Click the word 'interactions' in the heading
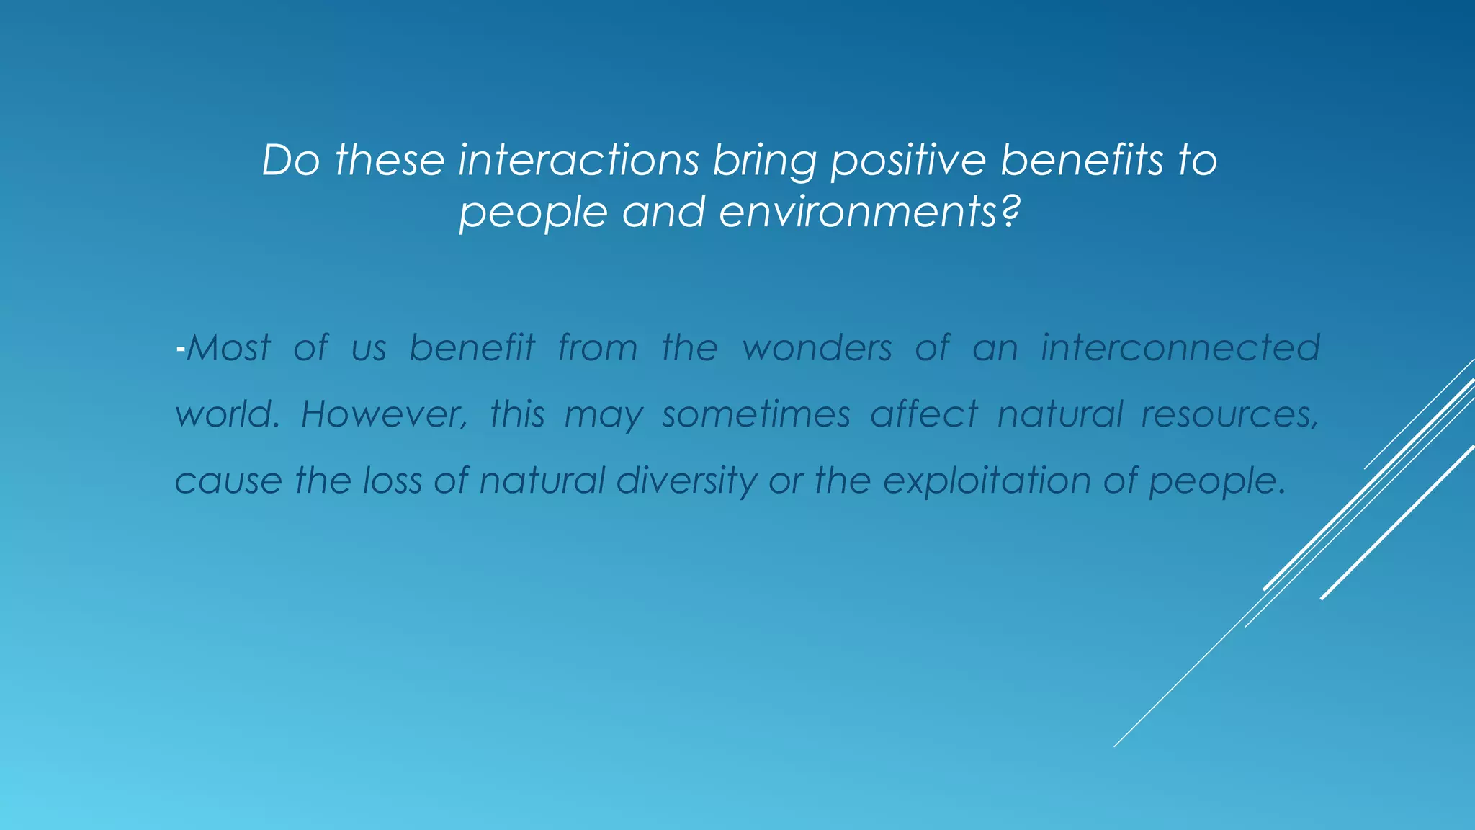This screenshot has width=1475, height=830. [578, 160]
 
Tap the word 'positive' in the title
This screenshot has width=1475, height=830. [908, 161]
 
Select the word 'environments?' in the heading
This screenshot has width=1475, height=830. [870, 213]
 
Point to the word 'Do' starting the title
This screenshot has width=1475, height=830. [290, 160]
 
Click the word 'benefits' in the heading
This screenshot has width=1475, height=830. [1082, 160]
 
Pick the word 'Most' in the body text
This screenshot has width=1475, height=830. [228, 348]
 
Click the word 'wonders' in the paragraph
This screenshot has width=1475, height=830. [817, 348]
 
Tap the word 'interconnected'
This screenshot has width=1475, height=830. [1180, 348]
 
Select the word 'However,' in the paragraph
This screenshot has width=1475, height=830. [384, 415]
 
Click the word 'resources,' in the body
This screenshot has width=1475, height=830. [1230, 415]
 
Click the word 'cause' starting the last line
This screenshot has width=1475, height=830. [228, 481]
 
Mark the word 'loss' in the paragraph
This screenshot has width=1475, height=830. [392, 481]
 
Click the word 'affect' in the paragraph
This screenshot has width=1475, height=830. [924, 415]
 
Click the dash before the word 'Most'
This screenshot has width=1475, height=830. [180, 350]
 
